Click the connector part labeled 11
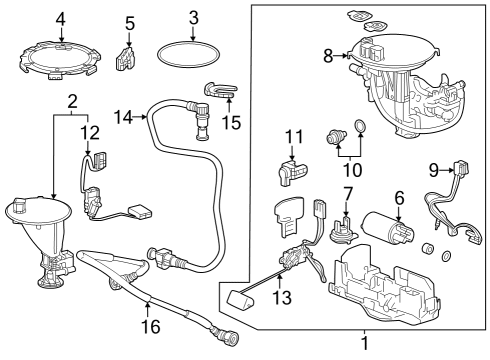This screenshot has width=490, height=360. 291,172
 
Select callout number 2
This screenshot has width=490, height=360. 72,100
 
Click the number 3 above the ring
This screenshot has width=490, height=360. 194,17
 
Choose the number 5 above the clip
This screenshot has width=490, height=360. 129,23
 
